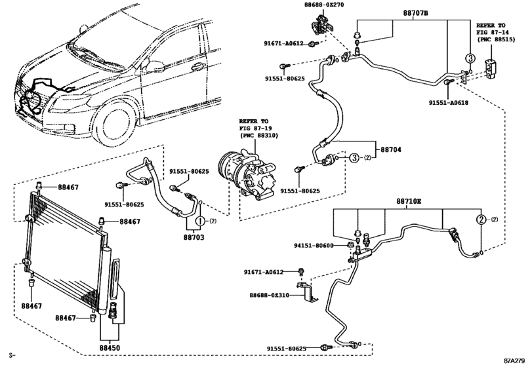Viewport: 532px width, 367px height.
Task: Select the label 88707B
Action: click(416, 13)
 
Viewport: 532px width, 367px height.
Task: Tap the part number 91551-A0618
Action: click(448, 102)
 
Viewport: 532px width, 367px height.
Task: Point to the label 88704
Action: click(390, 149)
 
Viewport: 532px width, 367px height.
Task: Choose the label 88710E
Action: click(409, 201)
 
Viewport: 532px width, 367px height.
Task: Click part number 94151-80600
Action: click(314, 245)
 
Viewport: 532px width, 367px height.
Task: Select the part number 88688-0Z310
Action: click(270, 295)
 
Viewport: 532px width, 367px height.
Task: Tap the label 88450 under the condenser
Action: click(110, 348)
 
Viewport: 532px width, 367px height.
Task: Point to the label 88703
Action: click(194, 237)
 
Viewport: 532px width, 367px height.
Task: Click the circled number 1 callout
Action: click(200, 222)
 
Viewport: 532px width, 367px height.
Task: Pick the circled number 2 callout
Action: click(481, 220)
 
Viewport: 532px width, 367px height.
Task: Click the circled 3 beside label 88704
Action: click(354, 157)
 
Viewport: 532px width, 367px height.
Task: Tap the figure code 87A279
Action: click(516, 360)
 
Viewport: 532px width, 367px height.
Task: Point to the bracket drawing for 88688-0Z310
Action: click(308, 291)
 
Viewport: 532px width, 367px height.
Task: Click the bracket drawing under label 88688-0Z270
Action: click(321, 25)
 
